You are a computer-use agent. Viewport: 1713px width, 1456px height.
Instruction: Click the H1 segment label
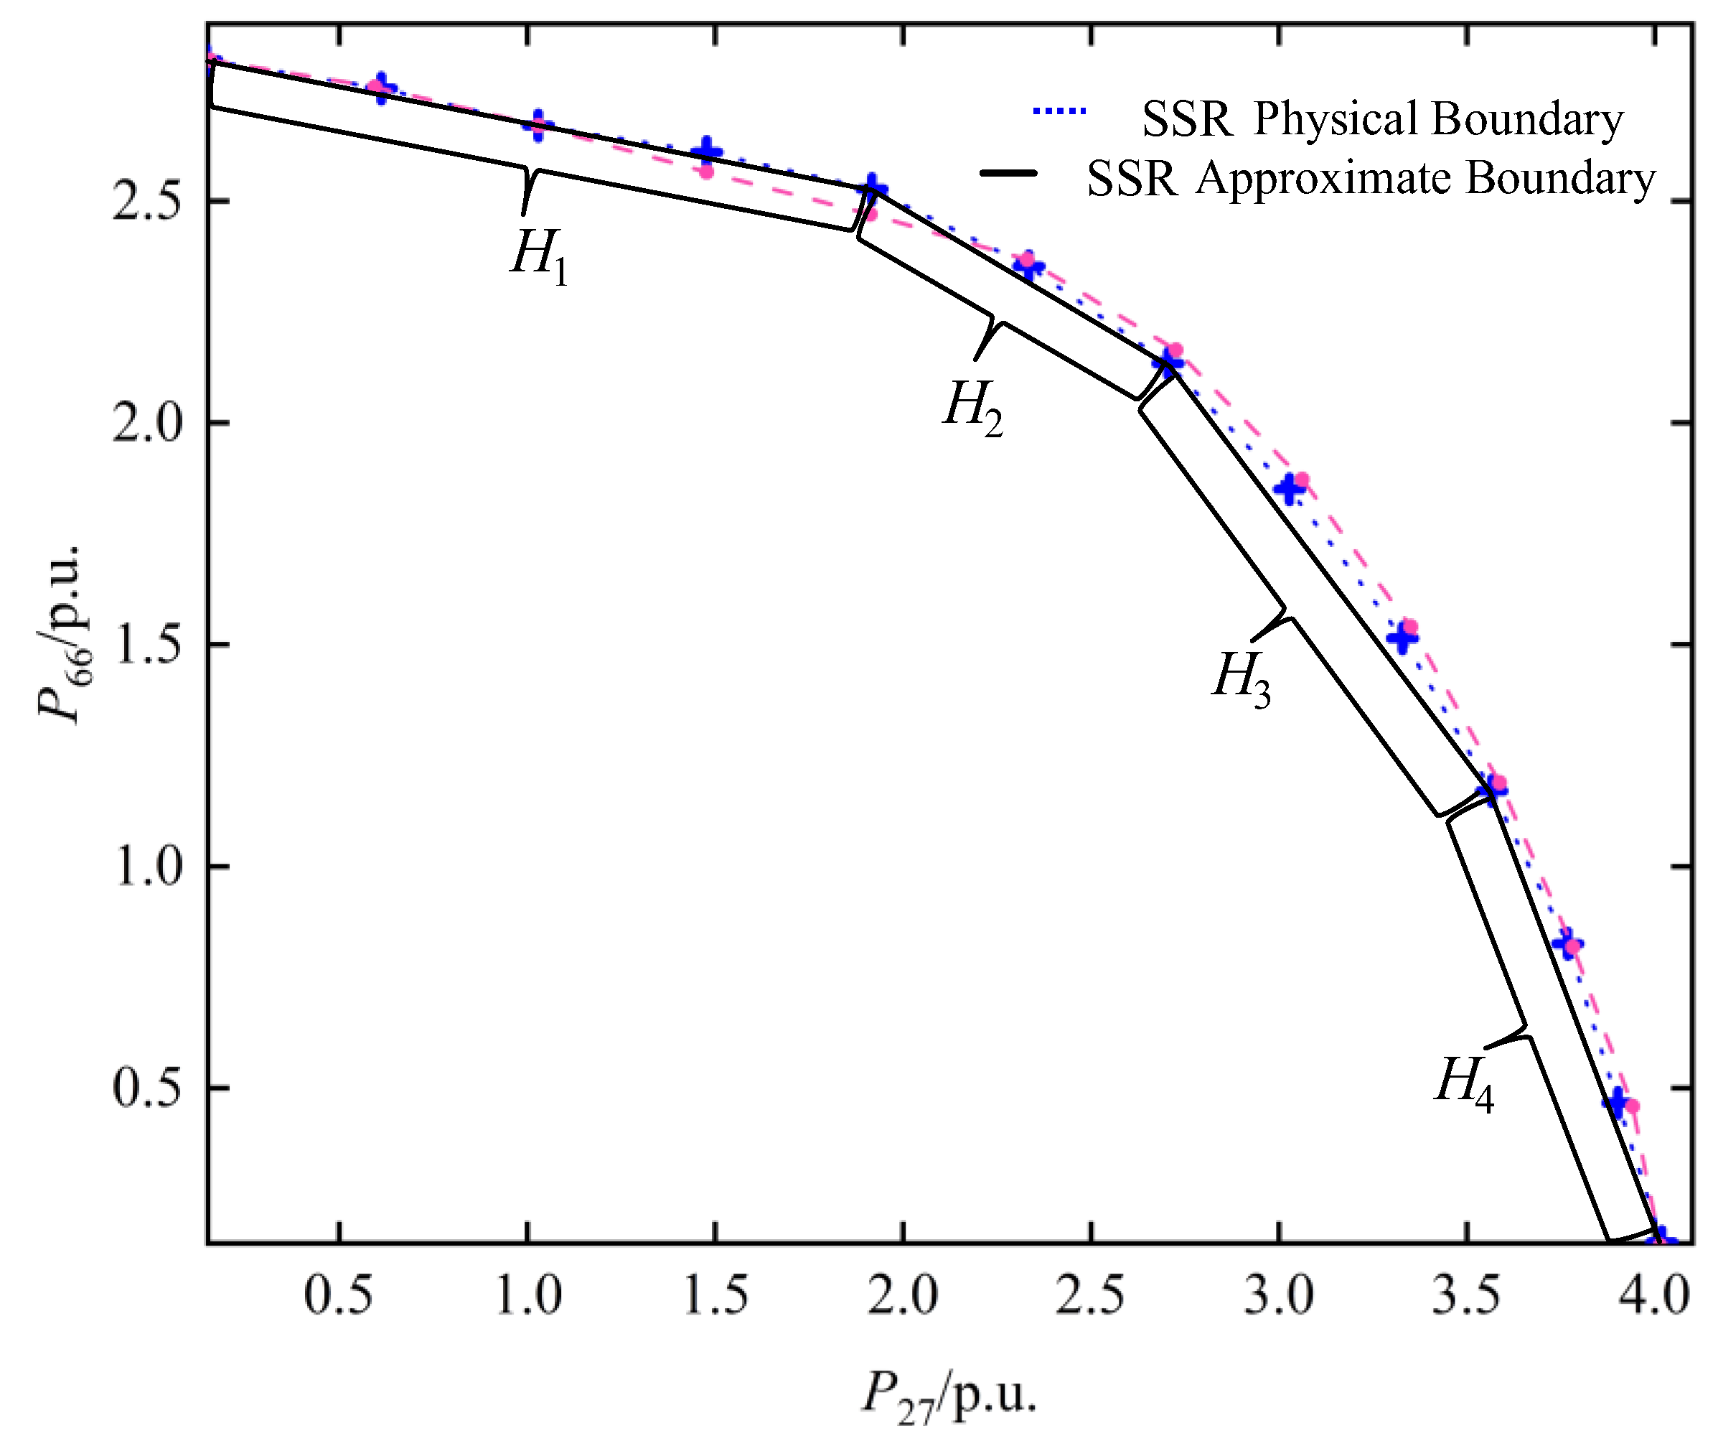(x=539, y=255)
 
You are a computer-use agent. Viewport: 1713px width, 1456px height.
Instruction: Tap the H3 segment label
(x=1241, y=678)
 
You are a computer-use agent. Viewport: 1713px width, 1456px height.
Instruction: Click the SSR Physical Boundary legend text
(x=1381, y=120)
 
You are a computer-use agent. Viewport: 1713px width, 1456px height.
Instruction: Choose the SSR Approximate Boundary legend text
(x=1371, y=179)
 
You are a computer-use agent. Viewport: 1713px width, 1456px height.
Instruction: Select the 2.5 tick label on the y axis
(x=147, y=200)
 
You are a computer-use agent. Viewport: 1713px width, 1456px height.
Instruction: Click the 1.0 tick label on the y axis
(x=147, y=867)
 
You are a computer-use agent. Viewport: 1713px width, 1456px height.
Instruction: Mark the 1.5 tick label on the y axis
(x=147, y=645)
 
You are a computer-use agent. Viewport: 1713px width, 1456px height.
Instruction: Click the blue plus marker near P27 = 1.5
(x=706, y=152)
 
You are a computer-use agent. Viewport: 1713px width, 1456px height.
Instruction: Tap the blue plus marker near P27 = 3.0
(x=1290, y=490)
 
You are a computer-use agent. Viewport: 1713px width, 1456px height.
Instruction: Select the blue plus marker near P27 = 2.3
(x=1029, y=266)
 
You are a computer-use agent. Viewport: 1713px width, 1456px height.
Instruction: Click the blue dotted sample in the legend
(x=1059, y=111)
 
